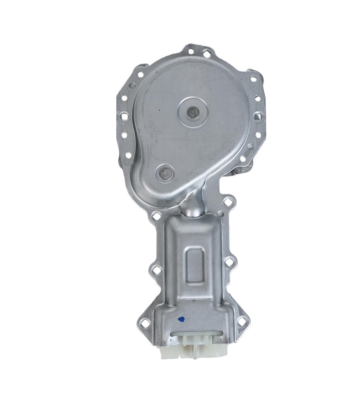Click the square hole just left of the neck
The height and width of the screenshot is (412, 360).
tap(156, 215)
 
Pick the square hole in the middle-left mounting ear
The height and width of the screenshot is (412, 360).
tap(156, 270)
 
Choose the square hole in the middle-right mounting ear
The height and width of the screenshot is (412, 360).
tap(230, 262)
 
